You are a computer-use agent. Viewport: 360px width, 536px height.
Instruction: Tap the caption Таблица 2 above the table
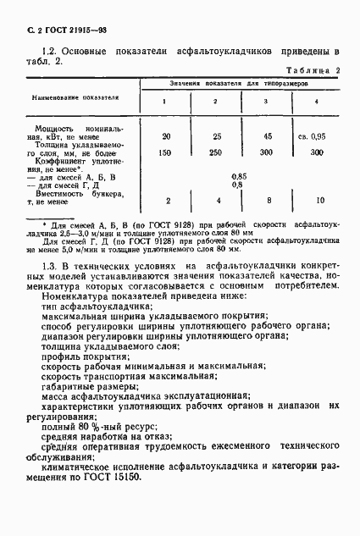(x=313, y=72)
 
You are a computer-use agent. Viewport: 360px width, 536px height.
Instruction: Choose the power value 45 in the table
(x=267, y=136)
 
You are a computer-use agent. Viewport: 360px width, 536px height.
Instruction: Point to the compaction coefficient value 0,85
(x=239, y=176)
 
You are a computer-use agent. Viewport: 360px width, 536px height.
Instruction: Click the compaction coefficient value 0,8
(x=238, y=185)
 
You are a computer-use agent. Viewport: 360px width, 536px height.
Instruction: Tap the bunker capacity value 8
(x=267, y=201)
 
